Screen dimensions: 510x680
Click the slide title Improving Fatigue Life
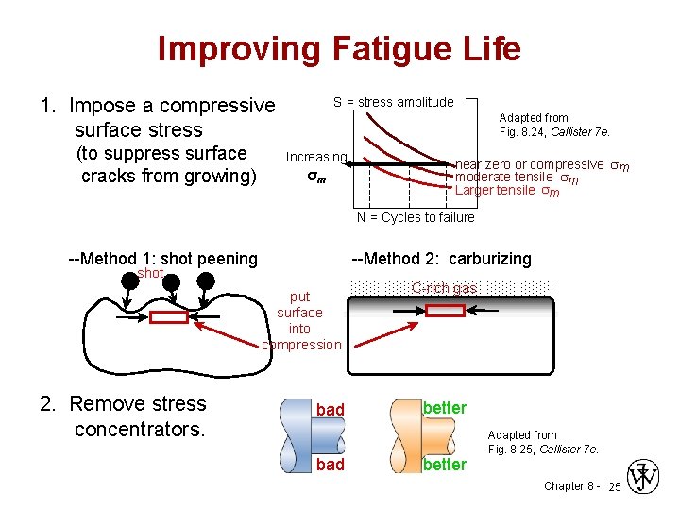point(339,49)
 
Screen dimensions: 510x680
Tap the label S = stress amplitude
point(393,102)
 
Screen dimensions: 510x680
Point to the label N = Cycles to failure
point(416,217)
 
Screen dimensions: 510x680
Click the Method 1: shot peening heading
point(163,259)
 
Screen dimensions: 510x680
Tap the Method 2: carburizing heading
point(441,259)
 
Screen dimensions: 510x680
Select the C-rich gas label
point(444,288)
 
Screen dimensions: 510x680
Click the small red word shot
point(150,274)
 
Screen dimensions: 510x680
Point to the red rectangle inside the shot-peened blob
point(169,317)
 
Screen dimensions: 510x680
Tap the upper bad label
point(331,409)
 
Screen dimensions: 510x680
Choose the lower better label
point(445,465)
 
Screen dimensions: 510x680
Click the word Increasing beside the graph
point(316,157)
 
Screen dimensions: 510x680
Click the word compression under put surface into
point(301,345)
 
